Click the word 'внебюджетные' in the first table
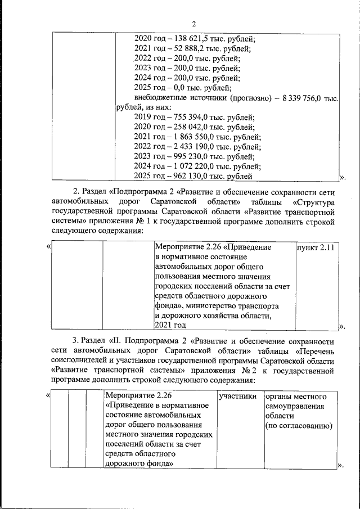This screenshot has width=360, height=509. (x=161, y=98)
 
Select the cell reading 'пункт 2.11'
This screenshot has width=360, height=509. (x=316, y=247)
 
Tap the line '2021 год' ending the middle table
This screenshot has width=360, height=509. (x=170, y=325)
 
